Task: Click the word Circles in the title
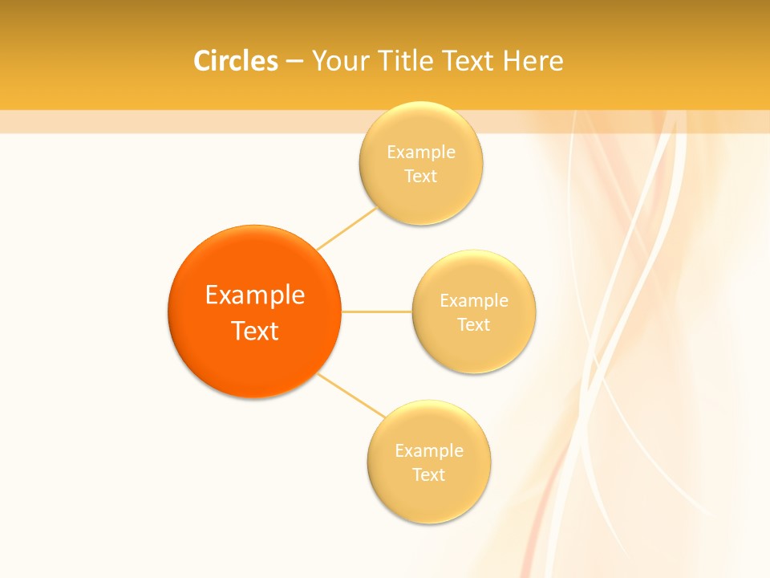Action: pyautogui.click(x=235, y=61)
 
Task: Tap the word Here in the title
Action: pyautogui.click(x=532, y=61)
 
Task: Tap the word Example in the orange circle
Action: pyautogui.click(x=254, y=295)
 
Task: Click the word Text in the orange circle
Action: pyautogui.click(x=254, y=331)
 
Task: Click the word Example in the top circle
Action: pyautogui.click(x=420, y=152)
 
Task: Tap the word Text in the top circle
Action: pyautogui.click(x=420, y=176)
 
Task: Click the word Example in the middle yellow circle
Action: pyautogui.click(x=474, y=300)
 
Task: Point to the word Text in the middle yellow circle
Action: pyautogui.click(x=474, y=324)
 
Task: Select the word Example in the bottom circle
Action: pyautogui.click(x=428, y=450)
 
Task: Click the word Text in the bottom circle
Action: pyautogui.click(x=428, y=474)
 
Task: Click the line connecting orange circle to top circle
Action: pyautogui.click(x=346, y=228)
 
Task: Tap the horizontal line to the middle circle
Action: pyautogui.click(x=377, y=311)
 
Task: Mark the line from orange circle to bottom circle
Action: pyautogui.click(x=351, y=395)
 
